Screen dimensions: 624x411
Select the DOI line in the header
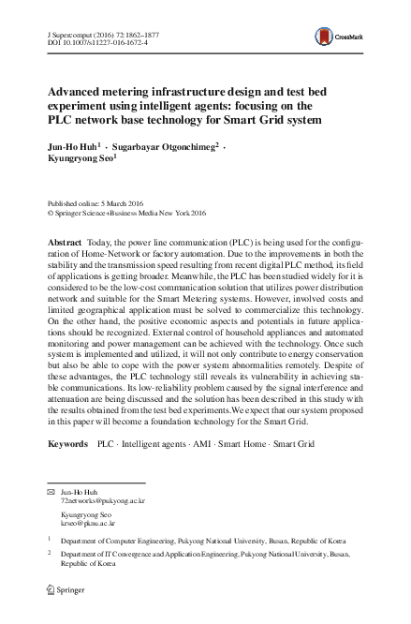tap(89, 42)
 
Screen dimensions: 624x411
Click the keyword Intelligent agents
tap(150, 441)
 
